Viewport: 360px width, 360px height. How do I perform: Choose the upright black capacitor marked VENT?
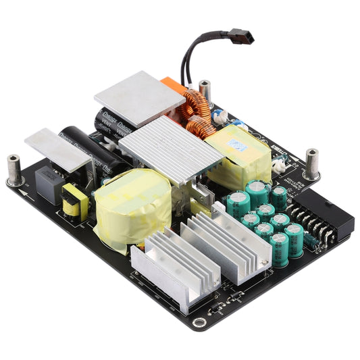pyautogui.click(x=113, y=122)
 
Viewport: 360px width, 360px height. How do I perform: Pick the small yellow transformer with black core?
pyautogui.click(x=74, y=201)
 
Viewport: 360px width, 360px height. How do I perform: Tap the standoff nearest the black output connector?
pyautogui.click(x=312, y=164)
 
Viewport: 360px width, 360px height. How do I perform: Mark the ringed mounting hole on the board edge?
pyautogui.click(x=197, y=323)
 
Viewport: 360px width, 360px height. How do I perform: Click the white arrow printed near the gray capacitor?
pyautogui.click(x=25, y=193)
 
